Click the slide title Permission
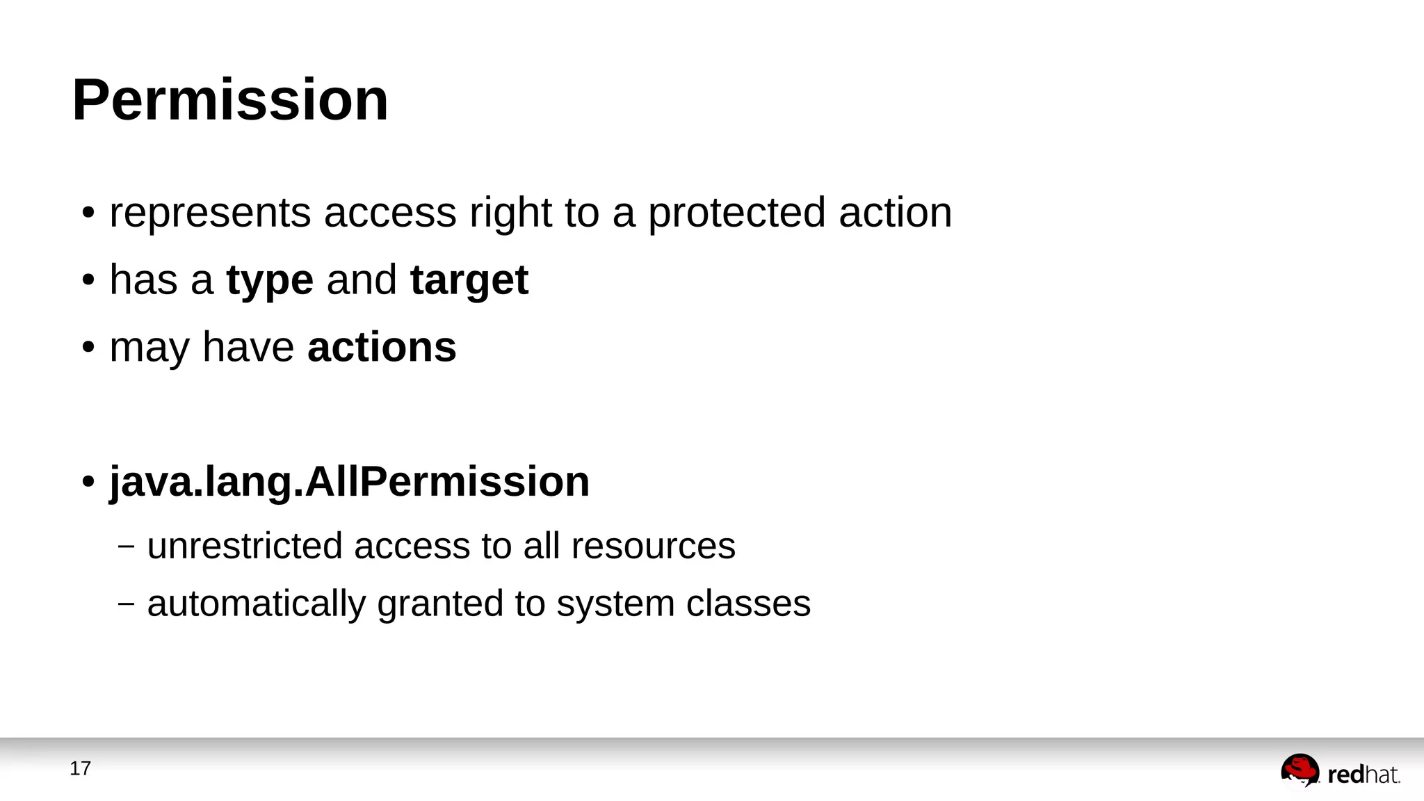click(x=230, y=100)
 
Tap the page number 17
click(x=80, y=768)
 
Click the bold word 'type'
click(x=270, y=281)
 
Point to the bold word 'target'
click(x=469, y=280)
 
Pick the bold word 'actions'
click(x=382, y=347)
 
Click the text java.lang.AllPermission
click(x=349, y=481)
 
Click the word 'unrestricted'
click(x=245, y=546)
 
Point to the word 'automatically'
click(x=256, y=604)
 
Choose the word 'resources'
click(x=653, y=546)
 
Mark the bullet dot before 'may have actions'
click(x=88, y=348)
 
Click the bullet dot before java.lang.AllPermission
click(x=88, y=482)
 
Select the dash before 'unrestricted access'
click(x=126, y=547)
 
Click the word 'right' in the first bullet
click(x=510, y=213)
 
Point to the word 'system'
click(x=615, y=604)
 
